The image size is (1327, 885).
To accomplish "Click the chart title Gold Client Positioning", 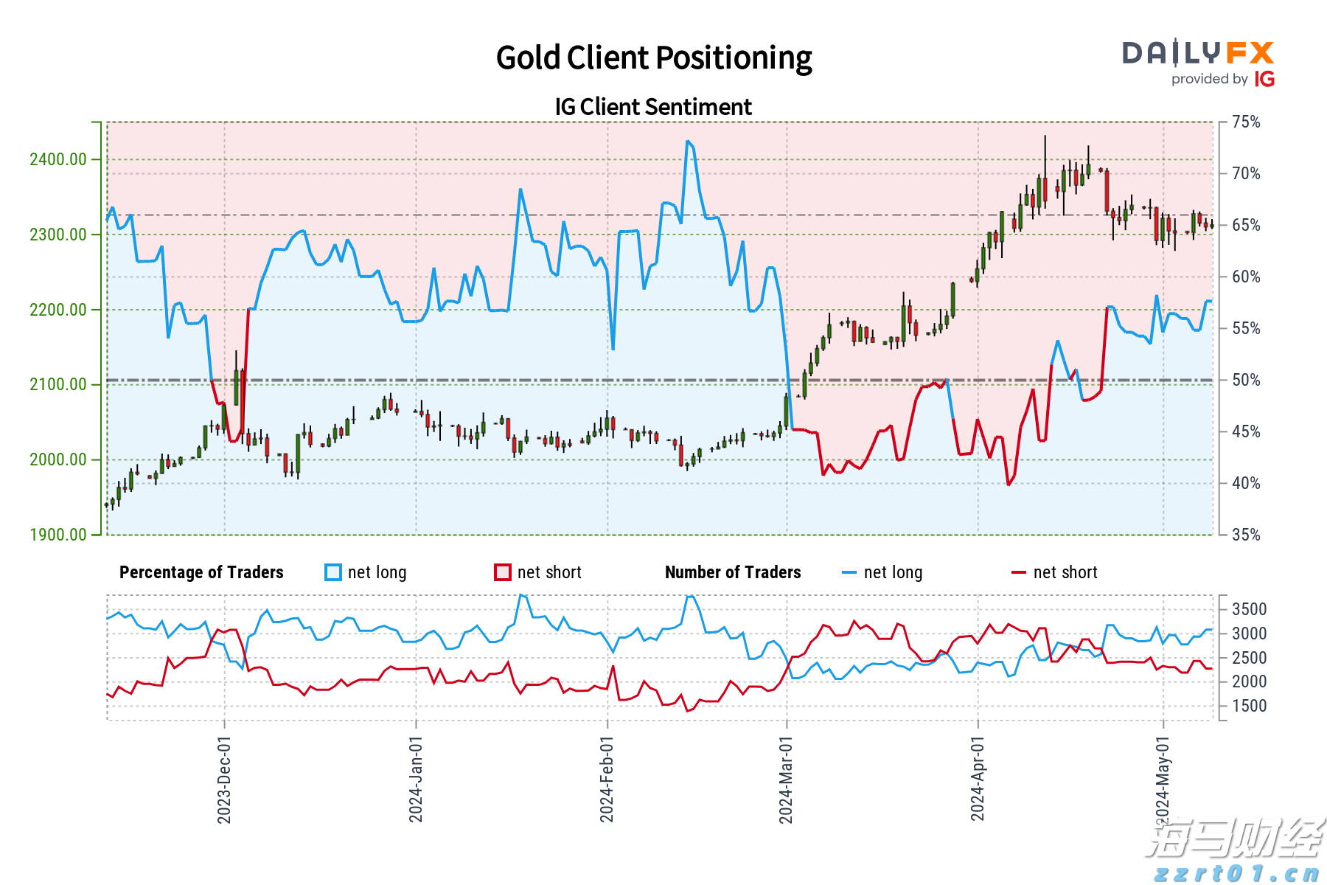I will coord(653,58).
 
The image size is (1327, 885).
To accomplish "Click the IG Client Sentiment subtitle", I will coord(653,107).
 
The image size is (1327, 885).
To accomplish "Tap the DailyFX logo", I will coord(1198,54).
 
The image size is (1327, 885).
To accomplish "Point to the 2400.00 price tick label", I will coord(58,159).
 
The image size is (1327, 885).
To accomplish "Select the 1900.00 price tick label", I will coord(58,535).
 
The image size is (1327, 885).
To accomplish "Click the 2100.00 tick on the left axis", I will coord(58,384).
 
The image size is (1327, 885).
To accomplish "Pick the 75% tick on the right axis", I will coord(1246,122).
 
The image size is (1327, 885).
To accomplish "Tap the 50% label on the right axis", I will coord(1246,380).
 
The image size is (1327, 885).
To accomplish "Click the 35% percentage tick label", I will coord(1246,535).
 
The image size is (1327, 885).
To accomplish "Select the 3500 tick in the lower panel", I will coord(1249,609).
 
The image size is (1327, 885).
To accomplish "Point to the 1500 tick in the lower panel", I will coord(1249,706).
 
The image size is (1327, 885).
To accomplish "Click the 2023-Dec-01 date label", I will coord(224,780).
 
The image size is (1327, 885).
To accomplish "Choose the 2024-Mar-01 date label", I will coord(786,780).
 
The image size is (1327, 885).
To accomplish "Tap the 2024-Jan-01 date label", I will coord(416,780).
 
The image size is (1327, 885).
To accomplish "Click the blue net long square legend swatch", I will coord(333,572).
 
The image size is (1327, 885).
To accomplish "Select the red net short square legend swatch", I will coord(503,572).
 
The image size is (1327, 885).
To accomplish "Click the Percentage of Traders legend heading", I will coord(201,572).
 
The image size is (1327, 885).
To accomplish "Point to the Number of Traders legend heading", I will coord(733,572).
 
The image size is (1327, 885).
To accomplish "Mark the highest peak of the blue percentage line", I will coord(687,141).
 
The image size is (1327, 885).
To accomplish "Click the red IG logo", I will coord(1264,79).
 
